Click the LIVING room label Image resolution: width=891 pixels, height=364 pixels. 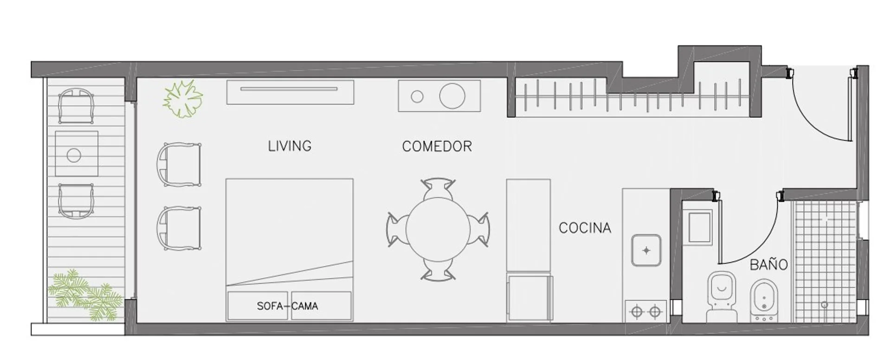click(x=290, y=146)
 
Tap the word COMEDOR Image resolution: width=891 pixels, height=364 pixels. click(x=437, y=147)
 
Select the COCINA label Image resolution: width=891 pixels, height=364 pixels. click(x=585, y=228)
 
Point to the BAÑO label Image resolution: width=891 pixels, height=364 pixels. click(x=769, y=264)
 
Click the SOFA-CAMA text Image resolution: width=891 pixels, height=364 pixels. click(x=287, y=306)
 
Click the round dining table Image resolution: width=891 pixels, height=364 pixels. click(x=438, y=229)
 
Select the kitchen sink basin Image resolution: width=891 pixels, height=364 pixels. click(x=646, y=250)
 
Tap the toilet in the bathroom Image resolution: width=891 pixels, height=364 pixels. click(x=722, y=297)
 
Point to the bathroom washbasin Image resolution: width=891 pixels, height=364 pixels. click(x=699, y=227)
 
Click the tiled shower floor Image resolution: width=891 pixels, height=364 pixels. click(x=825, y=262)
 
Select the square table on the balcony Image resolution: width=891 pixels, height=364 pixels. click(x=77, y=153)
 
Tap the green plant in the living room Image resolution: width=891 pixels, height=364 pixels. click(x=183, y=99)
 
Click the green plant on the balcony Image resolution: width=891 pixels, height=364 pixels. click(x=85, y=295)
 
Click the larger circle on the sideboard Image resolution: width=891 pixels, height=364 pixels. click(x=452, y=96)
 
